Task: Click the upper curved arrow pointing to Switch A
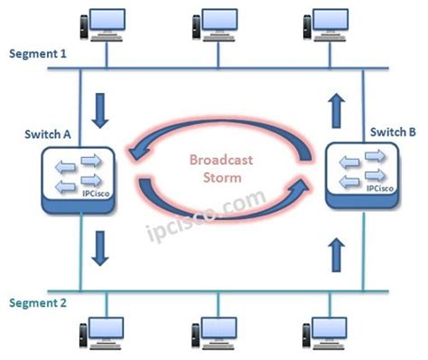[217, 131]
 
